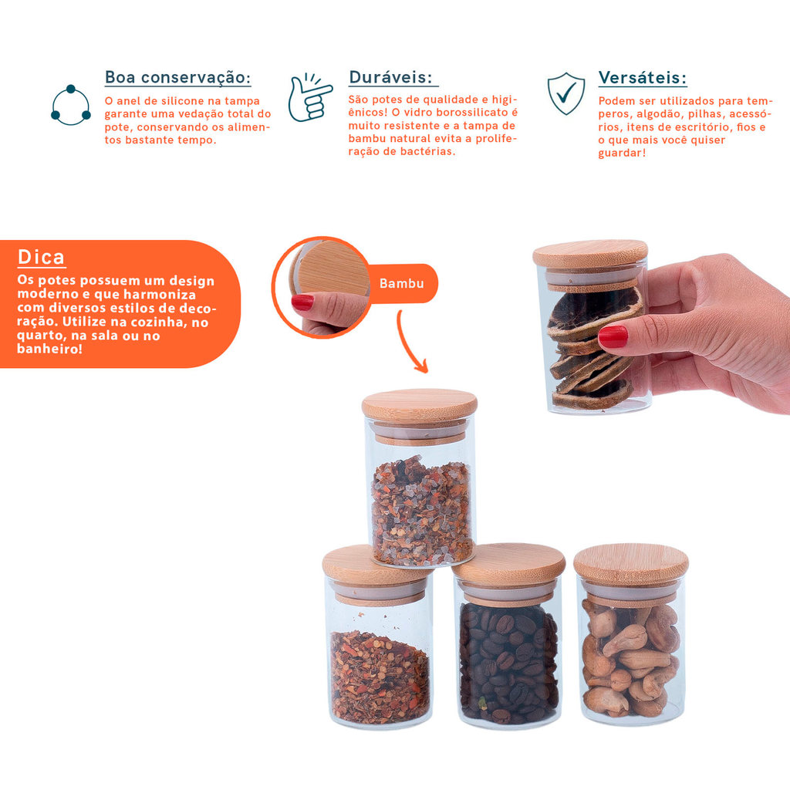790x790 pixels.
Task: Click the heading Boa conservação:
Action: [x=177, y=78]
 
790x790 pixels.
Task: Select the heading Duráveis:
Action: [x=390, y=77]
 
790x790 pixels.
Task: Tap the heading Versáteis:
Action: [x=643, y=78]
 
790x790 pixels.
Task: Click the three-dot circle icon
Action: [x=71, y=105]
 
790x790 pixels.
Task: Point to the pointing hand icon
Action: [x=309, y=97]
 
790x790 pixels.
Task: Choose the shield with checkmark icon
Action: [x=566, y=93]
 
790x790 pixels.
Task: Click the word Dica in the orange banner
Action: [x=42, y=257]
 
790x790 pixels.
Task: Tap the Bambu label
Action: [x=401, y=283]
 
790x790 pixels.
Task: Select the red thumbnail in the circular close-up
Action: [x=302, y=302]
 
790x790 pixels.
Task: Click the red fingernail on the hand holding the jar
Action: [x=613, y=336]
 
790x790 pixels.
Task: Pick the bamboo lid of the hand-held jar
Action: [x=590, y=254]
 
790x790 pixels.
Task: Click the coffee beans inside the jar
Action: [x=508, y=663]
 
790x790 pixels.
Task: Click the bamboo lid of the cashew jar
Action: [x=631, y=563]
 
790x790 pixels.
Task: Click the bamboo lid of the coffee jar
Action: [x=510, y=562]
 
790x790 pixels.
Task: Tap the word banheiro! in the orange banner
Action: [x=49, y=349]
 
